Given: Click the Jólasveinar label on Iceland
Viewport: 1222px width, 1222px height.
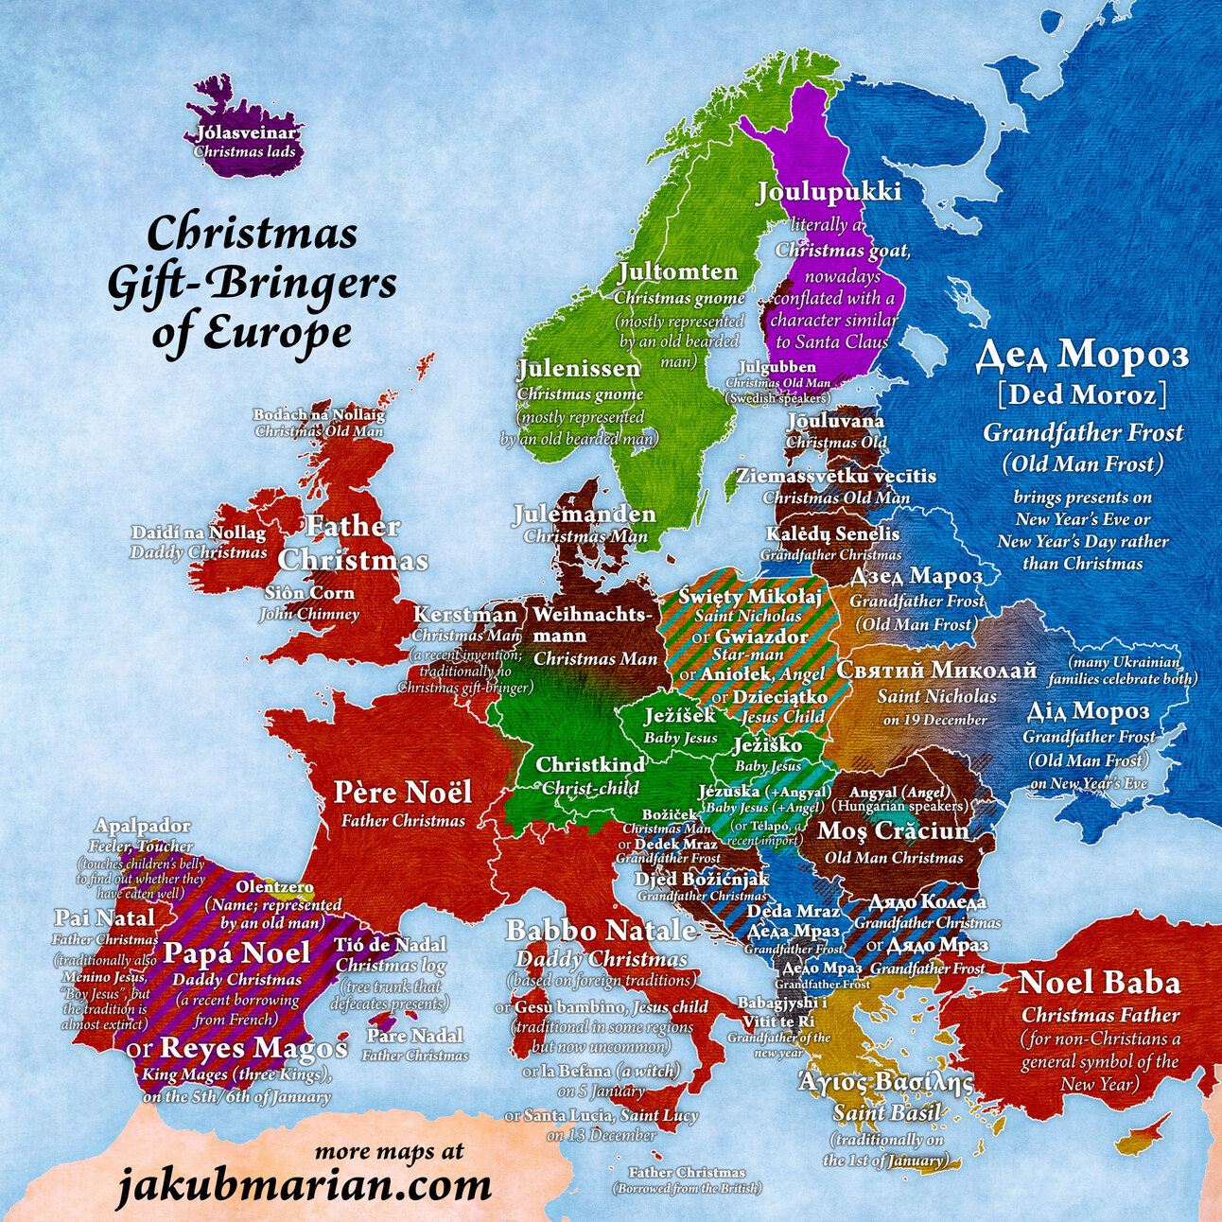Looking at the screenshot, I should click(246, 133).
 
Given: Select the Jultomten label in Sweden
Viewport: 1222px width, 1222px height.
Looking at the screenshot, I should click(677, 272).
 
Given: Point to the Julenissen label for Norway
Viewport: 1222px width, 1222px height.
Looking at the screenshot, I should click(579, 369).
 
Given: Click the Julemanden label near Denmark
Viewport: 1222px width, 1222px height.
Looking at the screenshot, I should click(585, 515).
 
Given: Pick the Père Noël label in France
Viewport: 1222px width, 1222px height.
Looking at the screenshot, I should click(402, 792).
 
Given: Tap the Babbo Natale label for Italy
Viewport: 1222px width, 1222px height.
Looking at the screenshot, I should click(602, 931).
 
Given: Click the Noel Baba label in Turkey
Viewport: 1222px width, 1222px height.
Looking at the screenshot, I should click(1099, 983).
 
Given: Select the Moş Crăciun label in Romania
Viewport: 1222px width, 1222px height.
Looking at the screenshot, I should click(893, 830).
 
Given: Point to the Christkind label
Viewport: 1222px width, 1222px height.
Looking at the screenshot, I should click(590, 764).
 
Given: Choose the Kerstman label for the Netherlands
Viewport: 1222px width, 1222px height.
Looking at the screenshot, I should click(465, 615).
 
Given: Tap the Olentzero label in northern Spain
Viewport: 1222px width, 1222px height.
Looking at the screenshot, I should click(275, 888).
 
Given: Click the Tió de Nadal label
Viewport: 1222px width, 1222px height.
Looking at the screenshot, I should click(390, 944).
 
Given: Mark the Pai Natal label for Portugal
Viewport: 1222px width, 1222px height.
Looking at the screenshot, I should click(104, 917).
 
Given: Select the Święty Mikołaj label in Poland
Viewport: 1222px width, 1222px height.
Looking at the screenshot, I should click(750, 596).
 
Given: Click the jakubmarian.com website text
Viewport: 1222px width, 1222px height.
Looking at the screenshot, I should click(304, 1185).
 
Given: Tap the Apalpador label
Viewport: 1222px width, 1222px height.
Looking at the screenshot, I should click(142, 827).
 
